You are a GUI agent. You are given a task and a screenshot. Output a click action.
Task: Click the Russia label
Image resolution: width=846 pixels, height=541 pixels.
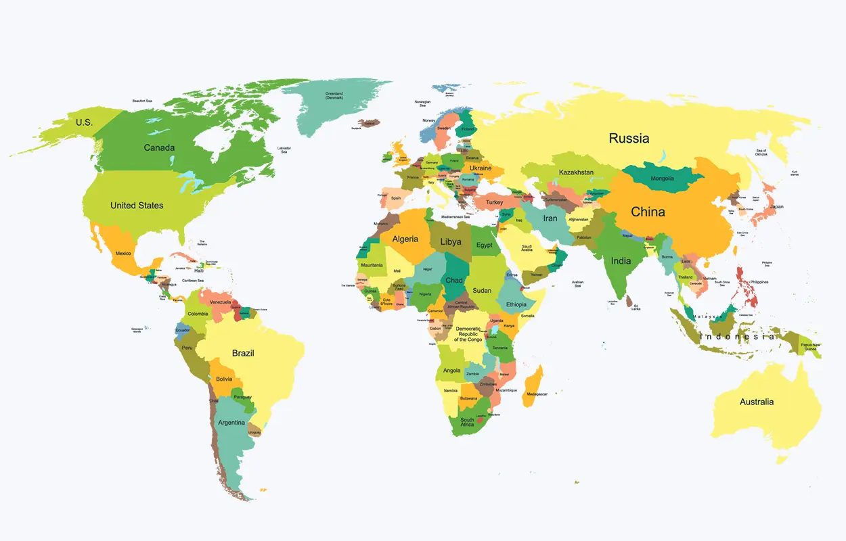(629, 139)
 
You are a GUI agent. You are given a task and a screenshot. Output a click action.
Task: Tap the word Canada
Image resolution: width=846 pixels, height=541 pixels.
(159, 148)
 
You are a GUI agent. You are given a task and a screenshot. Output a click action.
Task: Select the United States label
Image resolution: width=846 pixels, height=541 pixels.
(137, 206)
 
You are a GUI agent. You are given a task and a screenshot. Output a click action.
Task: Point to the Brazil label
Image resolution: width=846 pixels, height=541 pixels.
(243, 353)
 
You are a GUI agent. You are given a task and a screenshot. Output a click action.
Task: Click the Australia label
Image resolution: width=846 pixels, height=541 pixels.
(756, 402)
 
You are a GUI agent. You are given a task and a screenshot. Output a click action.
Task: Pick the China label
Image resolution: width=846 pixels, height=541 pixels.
(648, 212)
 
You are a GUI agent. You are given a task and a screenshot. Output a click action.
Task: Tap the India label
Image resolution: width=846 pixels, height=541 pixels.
(621, 261)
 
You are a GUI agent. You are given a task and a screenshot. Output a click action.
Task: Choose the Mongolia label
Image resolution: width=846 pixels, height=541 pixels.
(662, 179)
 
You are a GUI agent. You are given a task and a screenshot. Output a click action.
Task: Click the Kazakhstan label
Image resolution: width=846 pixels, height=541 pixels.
(576, 172)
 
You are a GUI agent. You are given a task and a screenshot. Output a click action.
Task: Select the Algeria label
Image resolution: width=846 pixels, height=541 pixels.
(405, 239)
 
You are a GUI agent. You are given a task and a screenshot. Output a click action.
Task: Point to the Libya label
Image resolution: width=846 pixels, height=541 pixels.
(451, 242)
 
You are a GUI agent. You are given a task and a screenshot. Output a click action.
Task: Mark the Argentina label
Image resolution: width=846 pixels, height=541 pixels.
(231, 423)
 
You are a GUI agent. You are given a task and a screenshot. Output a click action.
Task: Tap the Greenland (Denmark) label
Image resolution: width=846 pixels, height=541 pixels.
(334, 96)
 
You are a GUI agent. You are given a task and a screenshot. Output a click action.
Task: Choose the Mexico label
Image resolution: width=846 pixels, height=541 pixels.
(123, 254)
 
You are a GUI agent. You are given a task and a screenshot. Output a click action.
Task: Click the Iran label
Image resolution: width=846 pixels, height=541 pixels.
(550, 218)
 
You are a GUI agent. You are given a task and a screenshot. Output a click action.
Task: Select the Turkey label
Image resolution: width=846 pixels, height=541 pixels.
(494, 202)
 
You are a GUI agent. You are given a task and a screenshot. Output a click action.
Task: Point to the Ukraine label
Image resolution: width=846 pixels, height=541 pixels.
(481, 168)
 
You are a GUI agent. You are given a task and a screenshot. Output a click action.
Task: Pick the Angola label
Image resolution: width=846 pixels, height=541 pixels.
(452, 371)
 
